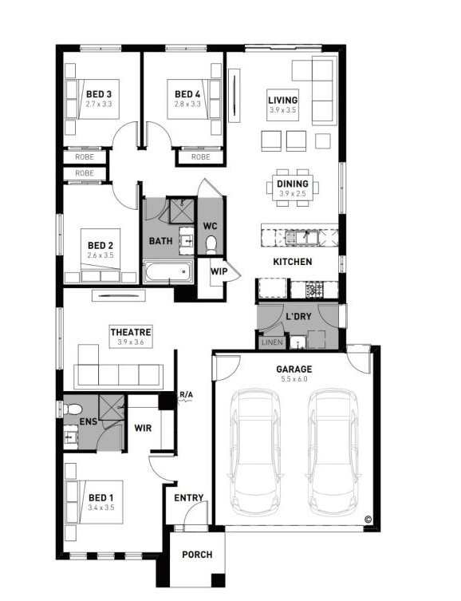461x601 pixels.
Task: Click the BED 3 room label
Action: [99, 94]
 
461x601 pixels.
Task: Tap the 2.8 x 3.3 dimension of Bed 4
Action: [187, 104]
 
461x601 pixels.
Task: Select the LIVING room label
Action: [282, 100]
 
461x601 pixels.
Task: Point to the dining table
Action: [293, 188]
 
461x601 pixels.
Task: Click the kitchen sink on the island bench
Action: [302, 238]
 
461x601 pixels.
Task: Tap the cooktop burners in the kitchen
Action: [315, 289]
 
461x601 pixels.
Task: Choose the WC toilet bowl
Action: [211, 244]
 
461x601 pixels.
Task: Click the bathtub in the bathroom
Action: [167, 271]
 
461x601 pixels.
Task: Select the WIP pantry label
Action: [219, 271]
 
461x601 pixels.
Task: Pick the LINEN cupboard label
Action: [272, 342]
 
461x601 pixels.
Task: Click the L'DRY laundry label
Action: [298, 317]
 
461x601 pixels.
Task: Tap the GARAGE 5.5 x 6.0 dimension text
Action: [294, 379]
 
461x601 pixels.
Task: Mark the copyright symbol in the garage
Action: [368, 520]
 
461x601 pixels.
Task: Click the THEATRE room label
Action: [131, 332]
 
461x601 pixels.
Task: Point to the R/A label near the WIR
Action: [186, 394]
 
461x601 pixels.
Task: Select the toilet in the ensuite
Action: [72, 409]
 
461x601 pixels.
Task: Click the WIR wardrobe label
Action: [143, 428]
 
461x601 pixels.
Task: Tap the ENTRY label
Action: [189, 497]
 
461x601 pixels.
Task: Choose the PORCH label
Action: [197, 554]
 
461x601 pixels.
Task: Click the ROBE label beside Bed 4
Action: [201, 156]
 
